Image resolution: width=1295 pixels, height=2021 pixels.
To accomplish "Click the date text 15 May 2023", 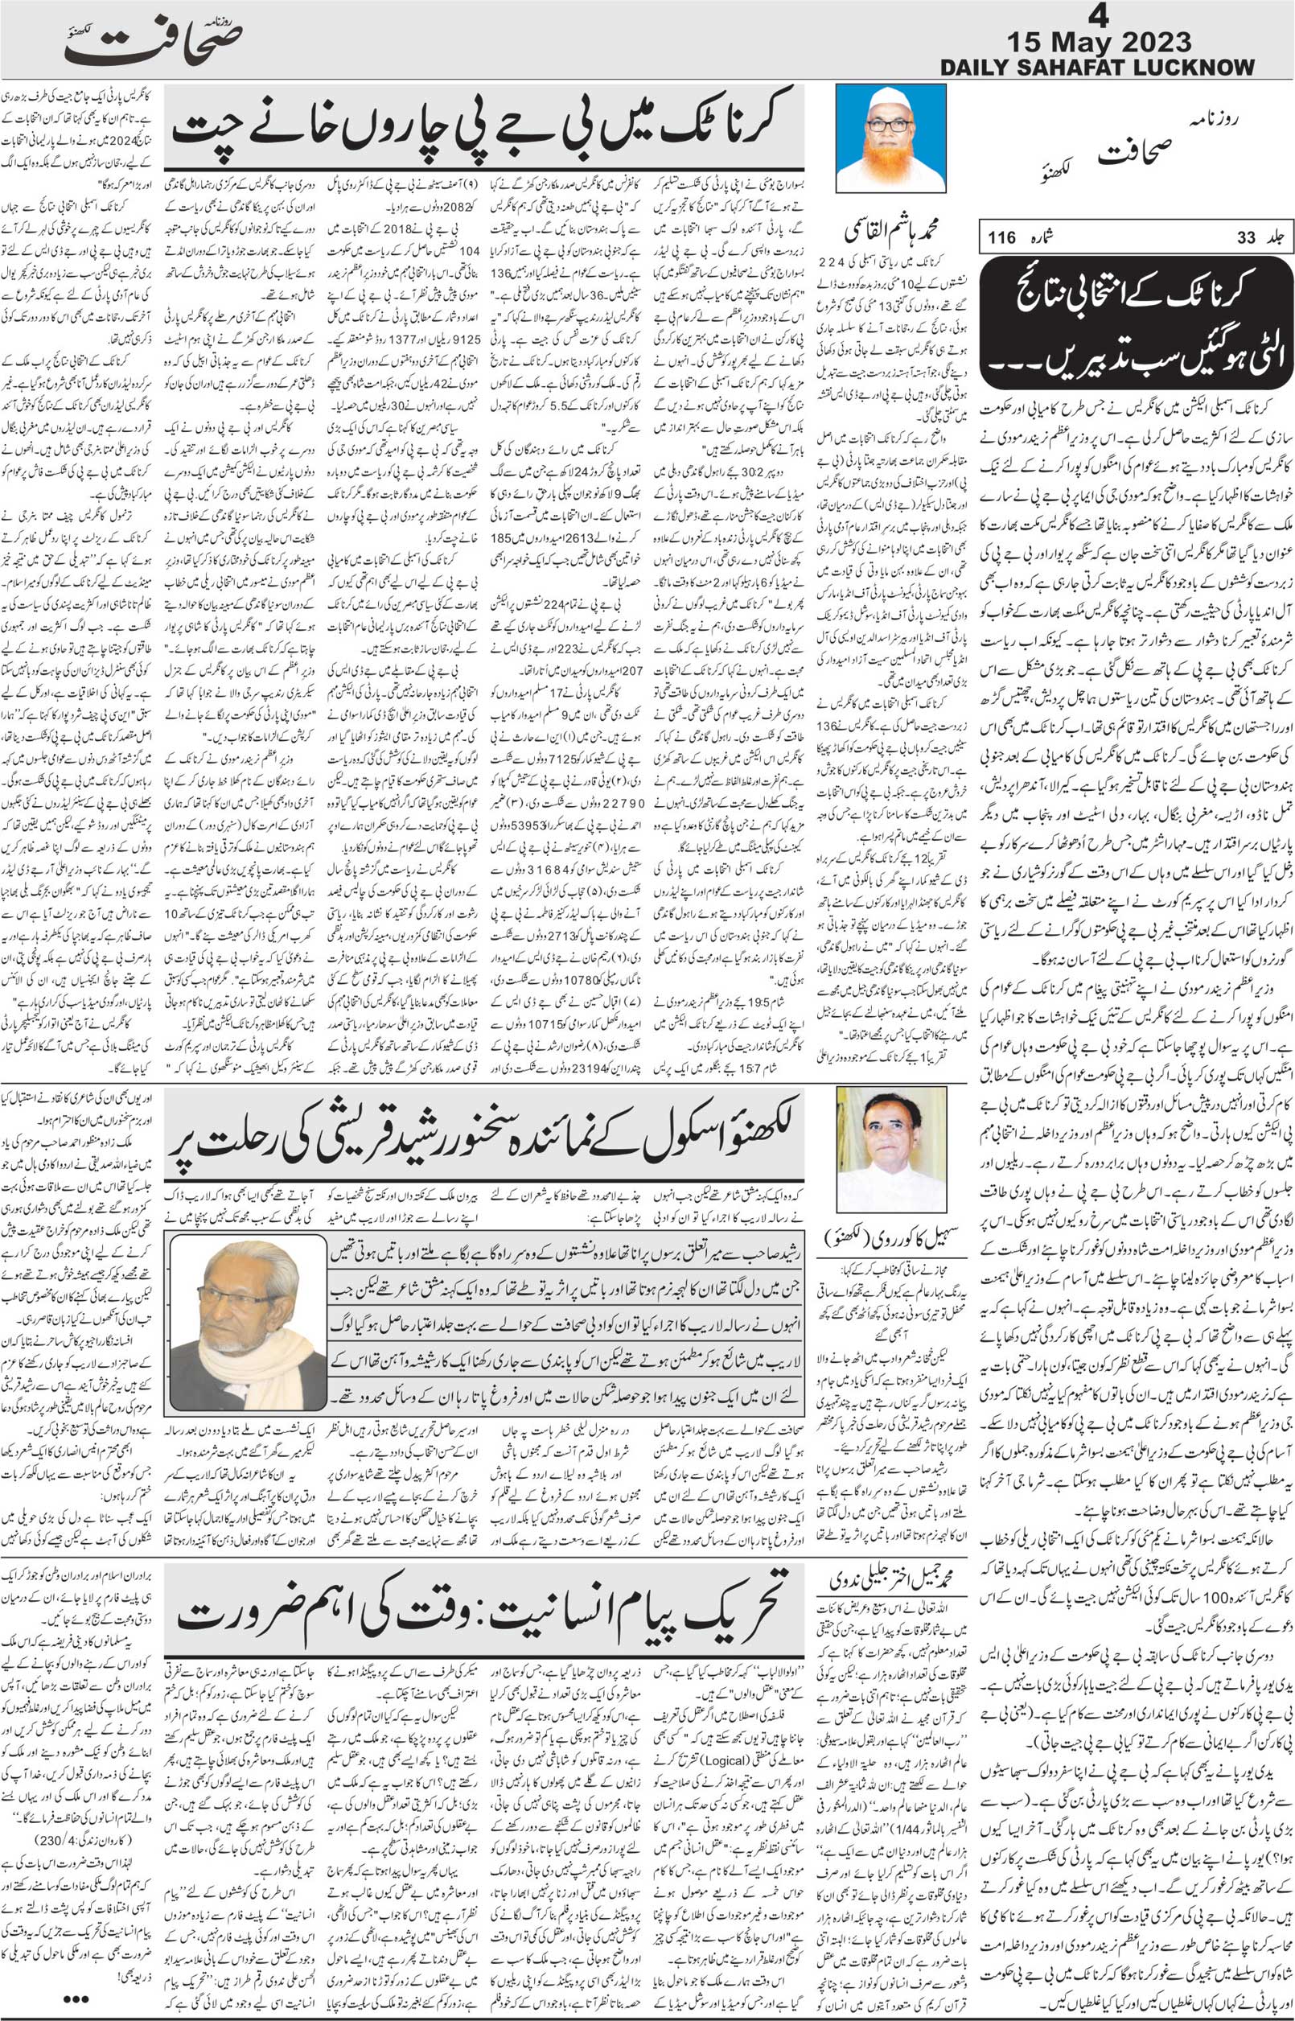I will tap(1108, 43).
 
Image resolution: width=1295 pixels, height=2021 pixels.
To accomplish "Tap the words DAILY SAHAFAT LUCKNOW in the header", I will tap(1097, 68).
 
